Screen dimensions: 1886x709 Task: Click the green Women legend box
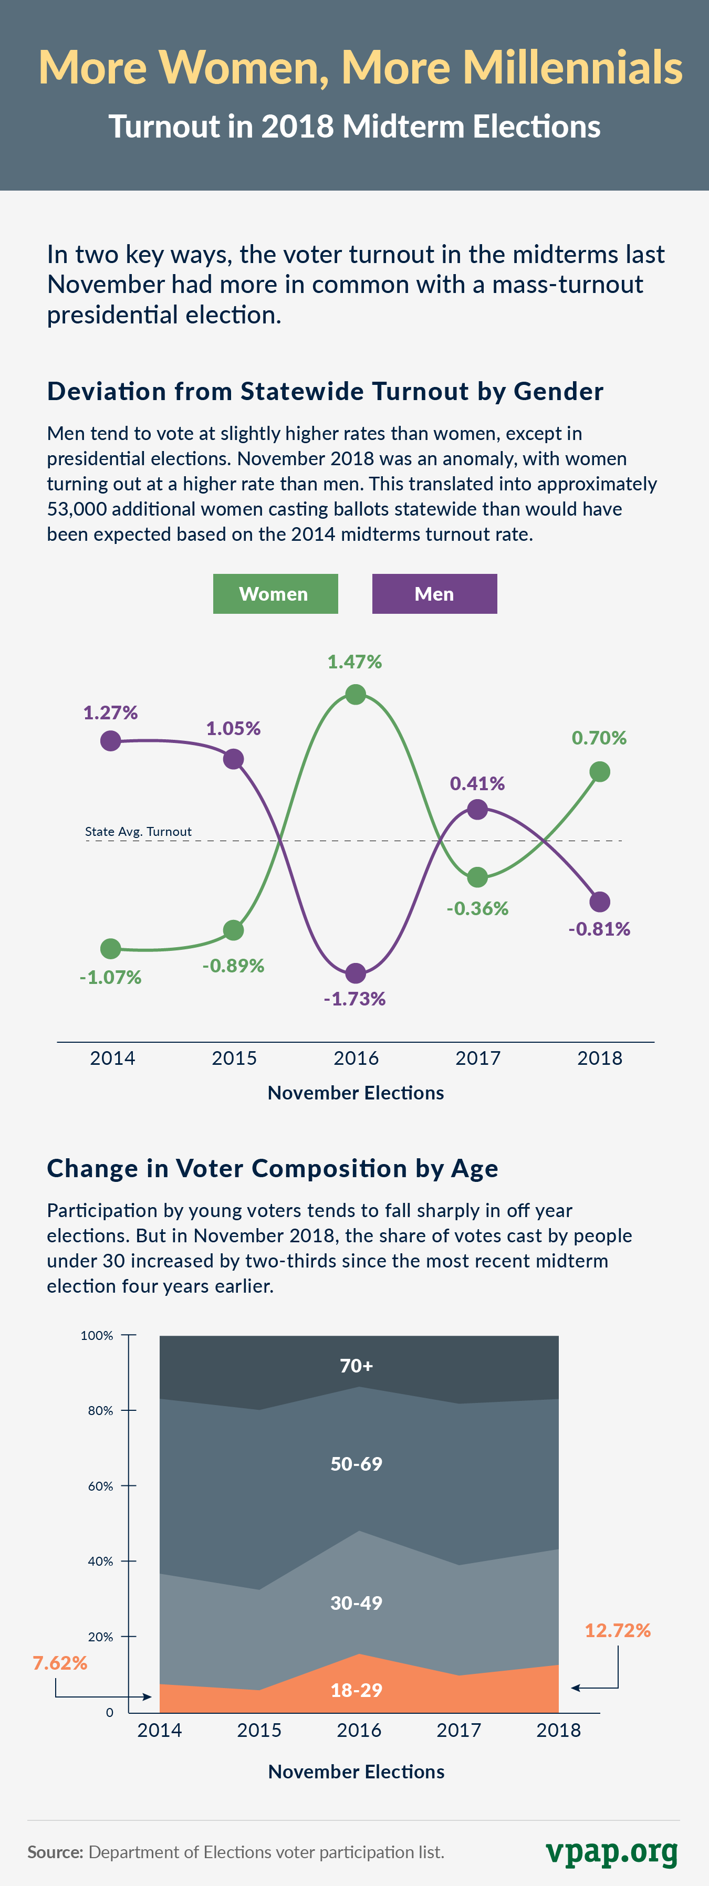[x=275, y=594]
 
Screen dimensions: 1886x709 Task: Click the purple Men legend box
[x=434, y=594]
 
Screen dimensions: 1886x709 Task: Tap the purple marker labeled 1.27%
[x=111, y=741]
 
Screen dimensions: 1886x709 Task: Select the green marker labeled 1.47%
[x=355, y=694]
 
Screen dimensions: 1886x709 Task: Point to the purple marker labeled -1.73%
[x=355, y=973]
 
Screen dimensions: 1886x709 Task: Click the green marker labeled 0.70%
[x=599, y=772]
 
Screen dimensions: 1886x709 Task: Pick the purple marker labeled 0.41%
[x=477, y=810]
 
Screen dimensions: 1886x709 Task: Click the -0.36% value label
[x=477, y=908]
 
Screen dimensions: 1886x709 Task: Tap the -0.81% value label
[x=599, y=929]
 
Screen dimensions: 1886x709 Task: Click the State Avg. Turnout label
[x=139, y=832]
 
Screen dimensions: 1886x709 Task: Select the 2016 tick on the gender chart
[x=356, y=1058]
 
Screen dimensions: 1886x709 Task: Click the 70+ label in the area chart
[x=357, y=1366]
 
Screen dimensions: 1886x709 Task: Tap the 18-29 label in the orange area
[x=357, y=1690]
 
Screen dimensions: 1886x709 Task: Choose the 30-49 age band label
[x=357, y=1602]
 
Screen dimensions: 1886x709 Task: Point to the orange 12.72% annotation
[x=618, y=1630]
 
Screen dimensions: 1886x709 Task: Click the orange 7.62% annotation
[x=60, y=1663]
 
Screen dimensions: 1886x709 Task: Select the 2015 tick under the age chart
[x=259, y=1730]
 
